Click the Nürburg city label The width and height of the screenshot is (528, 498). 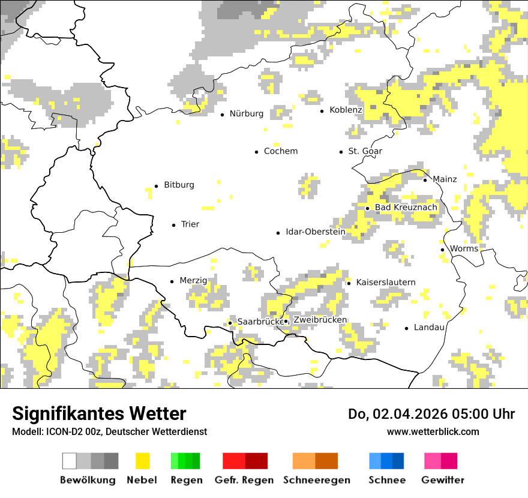pyautogui.click(x=247, y=113)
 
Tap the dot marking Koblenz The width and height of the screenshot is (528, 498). pyautogui.click(x=322, y=110)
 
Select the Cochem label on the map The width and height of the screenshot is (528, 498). pyautogui.click(x=281, y=151)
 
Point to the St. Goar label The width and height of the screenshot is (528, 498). pyautogui.click(x=365, y=151)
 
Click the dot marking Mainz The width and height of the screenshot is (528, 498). pyautogui.click(x=425, y=180)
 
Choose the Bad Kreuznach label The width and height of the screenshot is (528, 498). pyautogui.click(x=406, y=208)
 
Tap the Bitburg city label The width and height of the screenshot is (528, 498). pyautogui.click(x=179, y=185)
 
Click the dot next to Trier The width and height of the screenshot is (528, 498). pyautogui.click(x=173, y=225)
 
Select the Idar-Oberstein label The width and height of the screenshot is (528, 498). pyautogui.click(x=316, y=232)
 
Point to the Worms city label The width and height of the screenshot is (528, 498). pyautogui.click(x=464, y=248)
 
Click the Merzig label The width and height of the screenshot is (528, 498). pyautogui.click(x=193, y=281)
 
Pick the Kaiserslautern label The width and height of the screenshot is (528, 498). pyautogui.click(x=386, y=282)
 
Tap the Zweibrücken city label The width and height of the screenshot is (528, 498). pyautogui.click(x=320, y=320)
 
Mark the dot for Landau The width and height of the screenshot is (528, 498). pyautogui.click(x=407, y=328)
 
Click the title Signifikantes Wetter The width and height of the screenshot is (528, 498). pyautogui.click(x=99, y=414)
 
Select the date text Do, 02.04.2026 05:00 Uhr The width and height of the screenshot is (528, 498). pyautogui.click(x=431, y=414)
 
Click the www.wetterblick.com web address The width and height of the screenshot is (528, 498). pyautogui.click(x=433, y=431)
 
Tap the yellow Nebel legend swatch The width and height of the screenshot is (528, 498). pyautogui.click(x=142, y=461)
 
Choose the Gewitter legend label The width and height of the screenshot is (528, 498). pyautogui.click(x=443, y=480)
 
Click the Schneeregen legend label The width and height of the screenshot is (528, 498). pyautogui.click(x=317, y=480)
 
